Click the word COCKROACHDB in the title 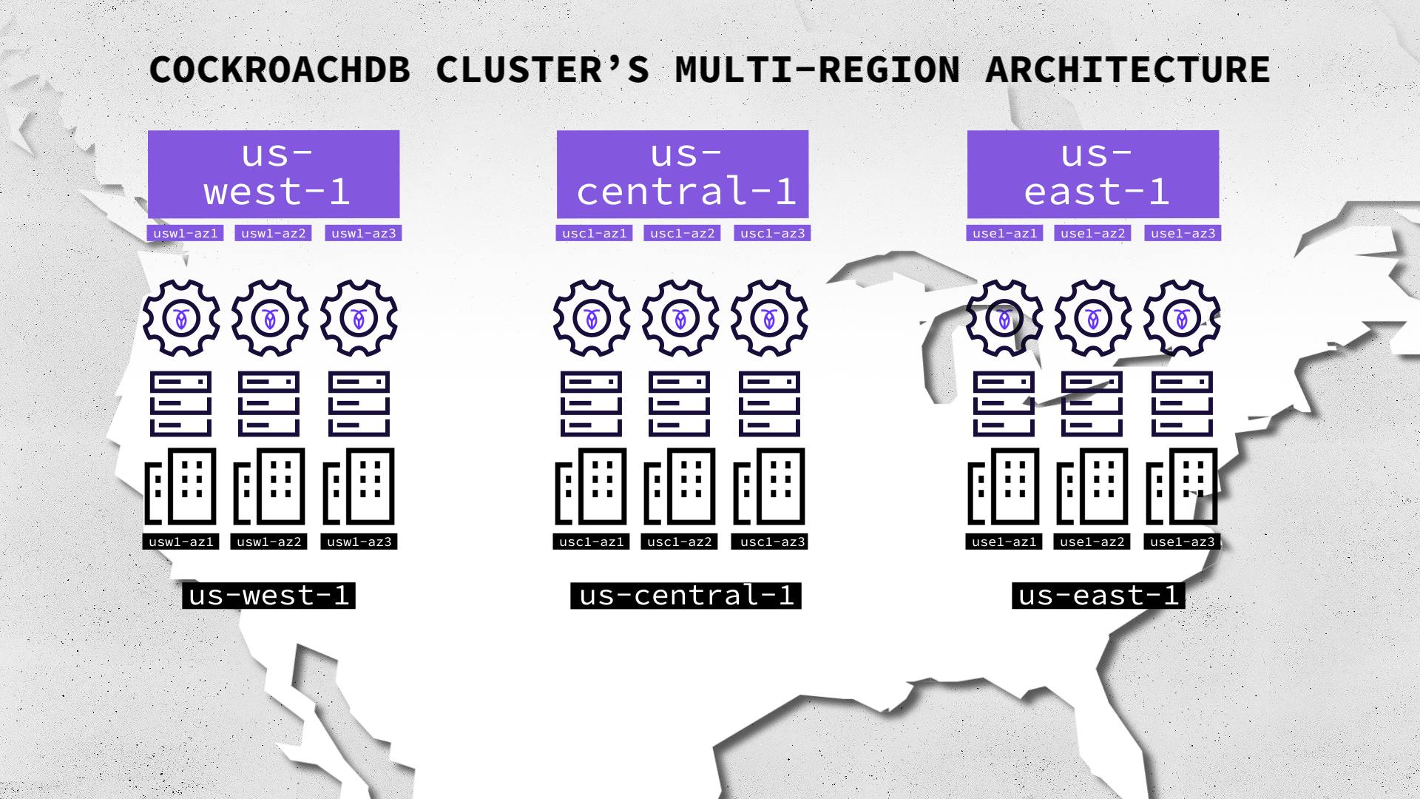tap(280, 70)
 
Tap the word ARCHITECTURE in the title tap(1127, 70)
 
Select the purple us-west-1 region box tap(274, 174)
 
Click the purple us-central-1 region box tap(683, 174)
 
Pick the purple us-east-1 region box tap(1093, 174)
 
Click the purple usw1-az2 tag tap(273, 233)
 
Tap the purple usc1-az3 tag tap(772, 233)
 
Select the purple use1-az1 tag tap(1004, 233)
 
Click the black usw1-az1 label tap(181, 542)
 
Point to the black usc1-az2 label tap(679, 542)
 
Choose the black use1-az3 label tap(1182, 542)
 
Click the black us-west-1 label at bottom tap(269, 596)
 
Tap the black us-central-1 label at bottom tap(686, 596)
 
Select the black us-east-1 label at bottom tap(1098, 596)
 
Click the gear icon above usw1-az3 tap(359, 318)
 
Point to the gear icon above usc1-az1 tap(592, 318)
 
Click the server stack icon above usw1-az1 tap(181, 404)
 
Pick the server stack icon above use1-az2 tap(1092, 404)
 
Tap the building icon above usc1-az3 tap(769, 486)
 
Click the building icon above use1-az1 tap(1004, 486)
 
